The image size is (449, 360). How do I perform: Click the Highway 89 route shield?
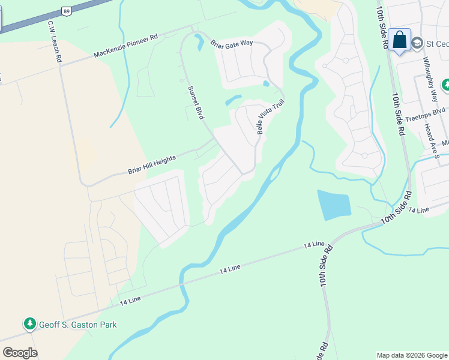[x=67, y=11]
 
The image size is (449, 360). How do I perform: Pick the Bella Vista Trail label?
[x=270, y=116]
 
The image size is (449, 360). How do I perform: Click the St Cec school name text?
[x=437, y=44]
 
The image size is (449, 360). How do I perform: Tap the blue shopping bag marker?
[x=399, y=40]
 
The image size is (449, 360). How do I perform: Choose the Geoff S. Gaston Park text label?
[x=78, y=325]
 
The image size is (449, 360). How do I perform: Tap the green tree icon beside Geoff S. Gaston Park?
[x=29, y=325]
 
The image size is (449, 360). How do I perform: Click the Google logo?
[x=20, y=352]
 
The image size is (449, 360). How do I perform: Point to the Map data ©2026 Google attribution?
[x=411, y=355]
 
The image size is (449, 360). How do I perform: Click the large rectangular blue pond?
[x=333, y=205]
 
